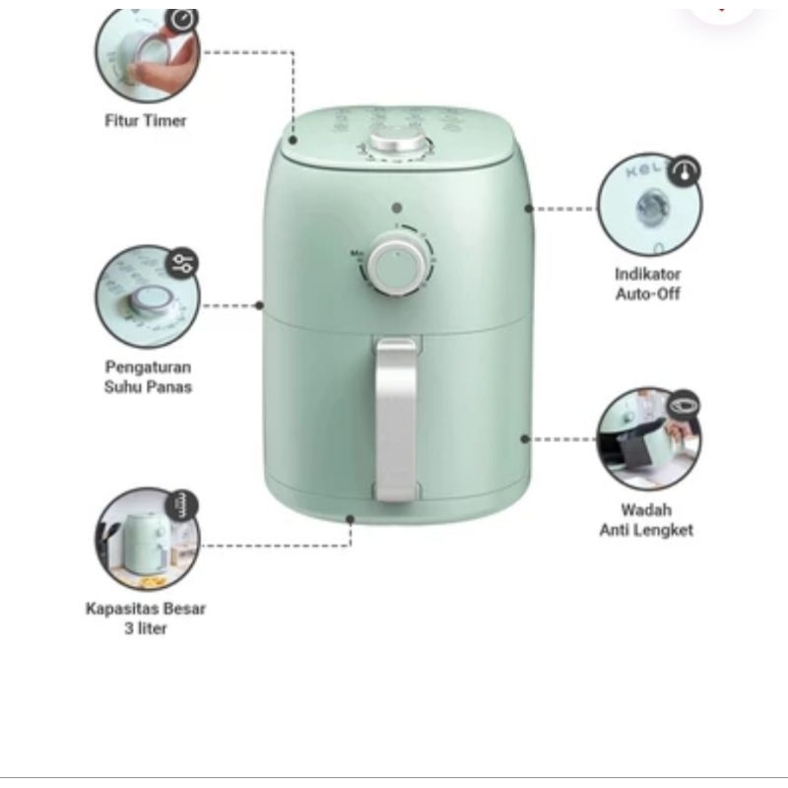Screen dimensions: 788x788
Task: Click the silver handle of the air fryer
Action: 396,420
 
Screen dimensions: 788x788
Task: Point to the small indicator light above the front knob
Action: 397,208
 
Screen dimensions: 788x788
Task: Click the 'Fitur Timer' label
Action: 145,120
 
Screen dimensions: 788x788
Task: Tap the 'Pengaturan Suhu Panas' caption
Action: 148,377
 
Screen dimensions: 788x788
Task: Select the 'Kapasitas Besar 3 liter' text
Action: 145,619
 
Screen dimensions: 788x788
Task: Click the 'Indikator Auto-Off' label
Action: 648,284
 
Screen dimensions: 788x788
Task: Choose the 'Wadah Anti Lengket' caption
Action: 646,520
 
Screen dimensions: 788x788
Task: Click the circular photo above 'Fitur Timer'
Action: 147,54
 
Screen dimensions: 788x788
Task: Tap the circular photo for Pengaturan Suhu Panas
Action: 147,296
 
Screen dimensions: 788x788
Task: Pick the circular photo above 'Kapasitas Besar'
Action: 147,538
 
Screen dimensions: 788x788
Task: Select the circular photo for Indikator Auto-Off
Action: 650,205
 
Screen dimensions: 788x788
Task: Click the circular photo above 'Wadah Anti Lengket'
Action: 649,439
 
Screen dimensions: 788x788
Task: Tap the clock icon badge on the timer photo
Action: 182,20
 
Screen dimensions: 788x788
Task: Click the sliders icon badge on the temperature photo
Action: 182,263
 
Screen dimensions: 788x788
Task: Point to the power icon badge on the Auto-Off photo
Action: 685,171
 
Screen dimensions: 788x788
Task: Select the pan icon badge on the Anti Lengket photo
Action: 684,405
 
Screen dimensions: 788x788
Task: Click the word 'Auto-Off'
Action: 648,294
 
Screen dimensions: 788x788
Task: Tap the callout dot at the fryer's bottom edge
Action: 351,519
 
